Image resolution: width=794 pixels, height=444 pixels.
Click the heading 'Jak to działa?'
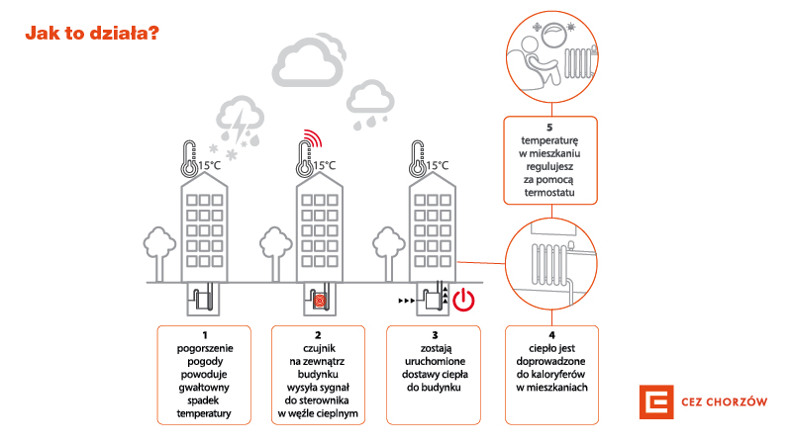[90, 34]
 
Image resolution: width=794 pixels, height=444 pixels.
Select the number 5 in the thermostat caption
[551, 128]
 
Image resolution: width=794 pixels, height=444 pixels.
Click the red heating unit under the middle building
[320, 299]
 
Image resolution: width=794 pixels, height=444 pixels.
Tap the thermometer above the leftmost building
[190, 157]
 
